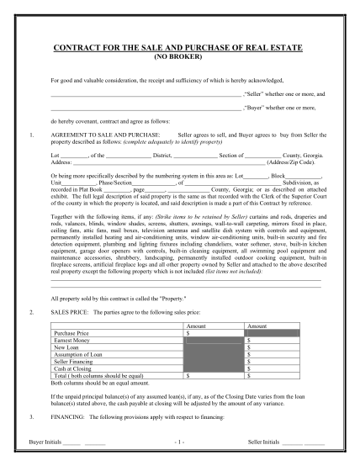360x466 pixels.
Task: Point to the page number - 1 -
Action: point(179,442)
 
